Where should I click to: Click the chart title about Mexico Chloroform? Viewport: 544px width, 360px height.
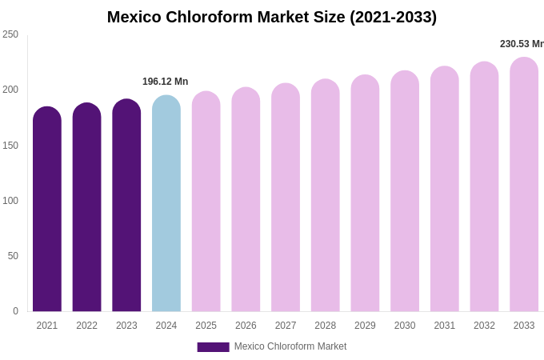pyautogui.click(x=272, y=17)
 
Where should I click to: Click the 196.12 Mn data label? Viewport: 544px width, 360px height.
pyautogui.click(x=166, y=82)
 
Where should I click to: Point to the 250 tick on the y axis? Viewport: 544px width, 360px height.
pyautogui.click(x=10, y=34)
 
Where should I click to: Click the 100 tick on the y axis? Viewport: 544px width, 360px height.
pyautogui.click(x=10, y=201)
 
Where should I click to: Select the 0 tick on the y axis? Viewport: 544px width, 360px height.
pyautogui.click(x=15, y=311)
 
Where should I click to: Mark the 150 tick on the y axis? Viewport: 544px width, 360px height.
pyautogui.click(x=10, y=146)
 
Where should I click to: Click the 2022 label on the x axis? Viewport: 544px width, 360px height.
pyautogui.click(x=87, y=326)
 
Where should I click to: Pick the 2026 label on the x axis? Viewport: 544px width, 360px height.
pyautogui.click(x=246, y=326)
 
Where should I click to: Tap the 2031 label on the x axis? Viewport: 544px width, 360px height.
pyautogui.click(x=445, y=326)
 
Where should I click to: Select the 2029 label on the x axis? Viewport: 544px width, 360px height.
pyautogui.click(x=365, y=326)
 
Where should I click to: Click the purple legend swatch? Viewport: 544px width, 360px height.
pyautogui.click(x=213, y=347)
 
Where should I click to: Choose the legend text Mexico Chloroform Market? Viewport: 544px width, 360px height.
pyautogui.click(x=290, y=346)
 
